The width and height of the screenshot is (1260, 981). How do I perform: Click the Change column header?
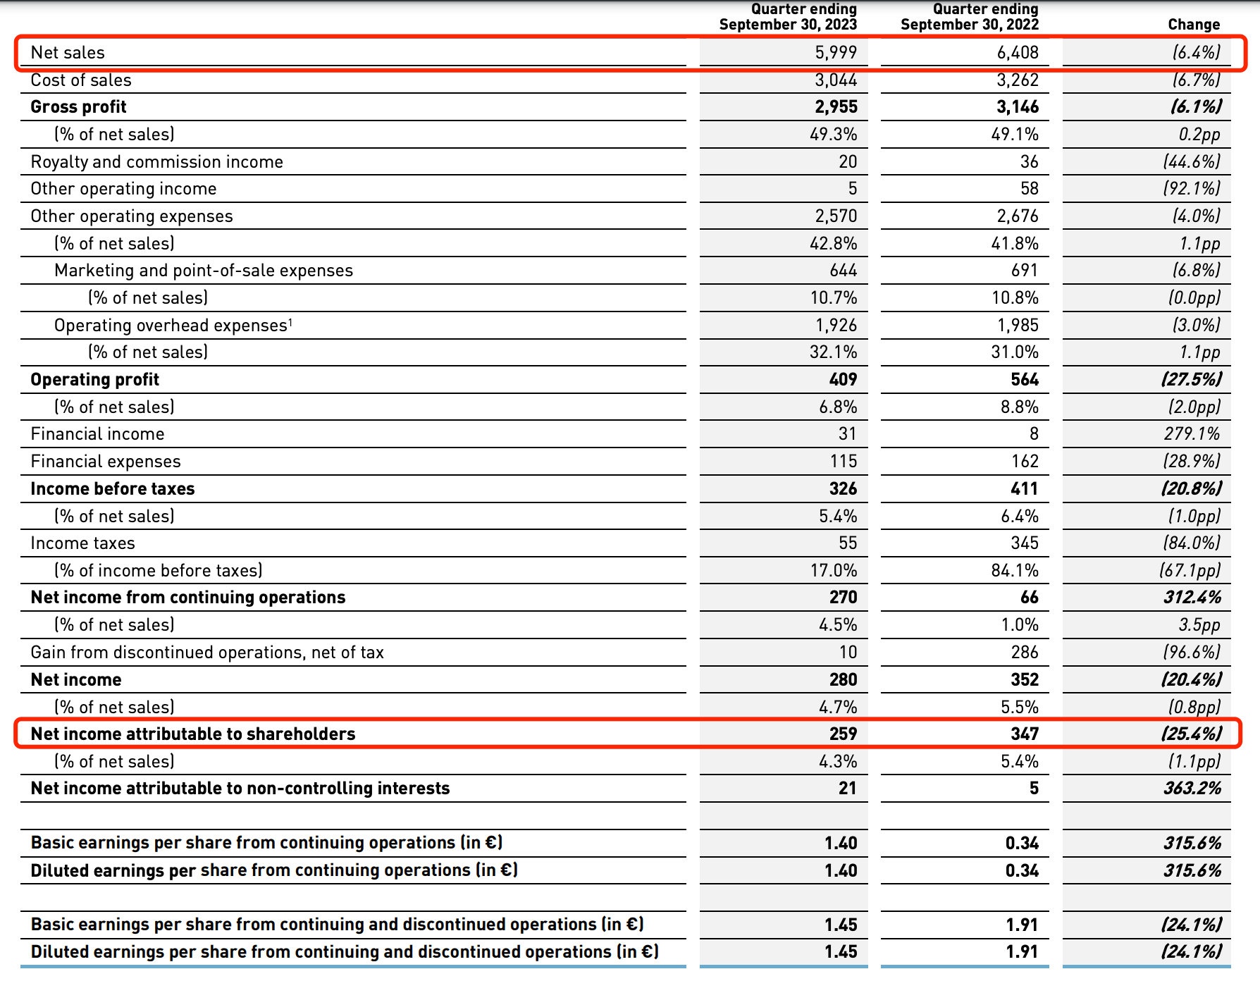(x=1194, y=25)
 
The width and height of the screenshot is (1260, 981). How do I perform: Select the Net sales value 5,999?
(x=836, y=53)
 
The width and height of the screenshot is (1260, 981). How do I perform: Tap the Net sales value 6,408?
(x=1018, y=53)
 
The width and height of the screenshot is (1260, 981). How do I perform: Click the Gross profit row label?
(x=78, y=107)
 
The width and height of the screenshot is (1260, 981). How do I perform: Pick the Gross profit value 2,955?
(x=836, y=107)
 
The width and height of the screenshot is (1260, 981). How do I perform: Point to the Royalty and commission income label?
(x=156, y=162)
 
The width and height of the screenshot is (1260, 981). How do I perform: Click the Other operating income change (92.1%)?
(x=1192, y=189)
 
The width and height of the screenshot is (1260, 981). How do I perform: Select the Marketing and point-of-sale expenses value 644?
(x=844, y=271)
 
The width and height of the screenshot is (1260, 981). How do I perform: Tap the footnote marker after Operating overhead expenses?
(x=290, y=321)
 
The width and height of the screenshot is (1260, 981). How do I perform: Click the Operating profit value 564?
(x=1025, y=380)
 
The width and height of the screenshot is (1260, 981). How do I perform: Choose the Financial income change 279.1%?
(x=1192, y=434)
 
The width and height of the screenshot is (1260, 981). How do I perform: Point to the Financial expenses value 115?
(x=844, y=462)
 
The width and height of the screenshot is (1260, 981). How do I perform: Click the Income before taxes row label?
(x=113, y=489)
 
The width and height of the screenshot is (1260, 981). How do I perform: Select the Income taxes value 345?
(x=1025, y=543)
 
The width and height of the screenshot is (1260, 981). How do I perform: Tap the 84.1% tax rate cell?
(x=1015, y=571)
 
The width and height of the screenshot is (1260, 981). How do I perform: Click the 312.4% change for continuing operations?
(x=1192, y=598)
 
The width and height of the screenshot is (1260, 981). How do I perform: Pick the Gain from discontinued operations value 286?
(x=1025, y=653)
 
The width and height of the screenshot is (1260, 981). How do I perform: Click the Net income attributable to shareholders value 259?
(x=844, y=734)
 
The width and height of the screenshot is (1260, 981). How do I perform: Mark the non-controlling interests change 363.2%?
(x=1192, y=789)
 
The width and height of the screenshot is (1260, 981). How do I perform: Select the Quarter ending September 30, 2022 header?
(x=970, y=17)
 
